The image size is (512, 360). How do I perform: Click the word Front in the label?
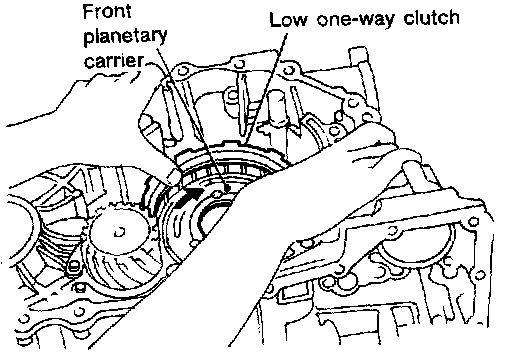[x=107, y=12]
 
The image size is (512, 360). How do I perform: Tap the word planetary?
[x=125, y=36]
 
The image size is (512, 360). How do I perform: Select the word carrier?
[x=114, y=61]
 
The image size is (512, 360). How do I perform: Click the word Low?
[x=288, y=19]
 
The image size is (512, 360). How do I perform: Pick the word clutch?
[x=431, y=17]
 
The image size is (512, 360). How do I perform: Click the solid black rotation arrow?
[x=189, y=198]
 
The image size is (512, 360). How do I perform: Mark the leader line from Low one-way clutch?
[x=264, y=88]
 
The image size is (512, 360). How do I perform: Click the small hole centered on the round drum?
[x=119, y=232]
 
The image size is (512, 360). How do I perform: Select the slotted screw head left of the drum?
[x=73, y=266]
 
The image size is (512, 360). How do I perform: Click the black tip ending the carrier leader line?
[x=228, y=189]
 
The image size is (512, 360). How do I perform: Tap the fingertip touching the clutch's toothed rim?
[x=173, y=176]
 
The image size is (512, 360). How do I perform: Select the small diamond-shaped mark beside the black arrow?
[x=217, y=195]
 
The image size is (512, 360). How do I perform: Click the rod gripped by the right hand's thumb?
[x=417, y=177]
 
